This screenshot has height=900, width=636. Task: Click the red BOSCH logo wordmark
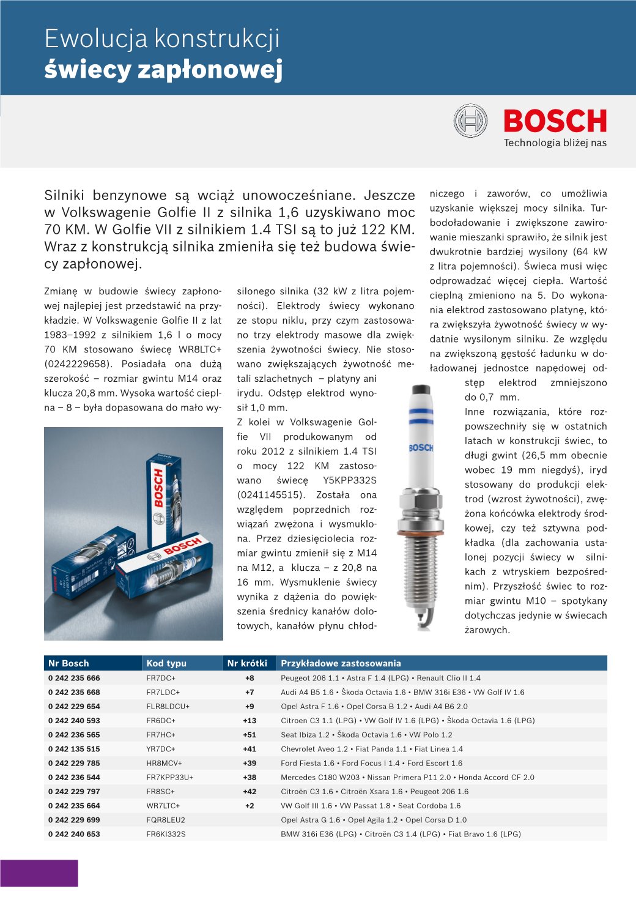coord(555,121)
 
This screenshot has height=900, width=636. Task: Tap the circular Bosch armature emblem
coord(470,121)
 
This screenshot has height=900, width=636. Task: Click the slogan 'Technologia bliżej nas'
coord(555,143)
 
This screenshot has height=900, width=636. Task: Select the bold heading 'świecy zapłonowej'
coord(163,70)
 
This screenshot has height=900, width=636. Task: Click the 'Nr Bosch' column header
coord(68,663)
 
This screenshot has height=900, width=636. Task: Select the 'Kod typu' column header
coord(166,663)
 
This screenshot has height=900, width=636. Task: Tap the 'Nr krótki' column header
coord(247,663)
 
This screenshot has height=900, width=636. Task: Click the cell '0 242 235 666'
coord(74,678)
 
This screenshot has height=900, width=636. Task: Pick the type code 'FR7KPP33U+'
coord(169,777)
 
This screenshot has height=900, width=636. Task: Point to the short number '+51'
coord(250,735)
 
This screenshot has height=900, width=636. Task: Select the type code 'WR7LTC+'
coord(163,806)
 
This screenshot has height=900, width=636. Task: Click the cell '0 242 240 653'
coord(74,834)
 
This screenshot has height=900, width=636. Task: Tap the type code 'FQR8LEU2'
coord(165,820)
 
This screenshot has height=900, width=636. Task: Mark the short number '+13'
coord(250,721)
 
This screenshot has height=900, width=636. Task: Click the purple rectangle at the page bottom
coord(39,873)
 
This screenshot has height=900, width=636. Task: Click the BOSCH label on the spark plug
coord(421,448)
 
